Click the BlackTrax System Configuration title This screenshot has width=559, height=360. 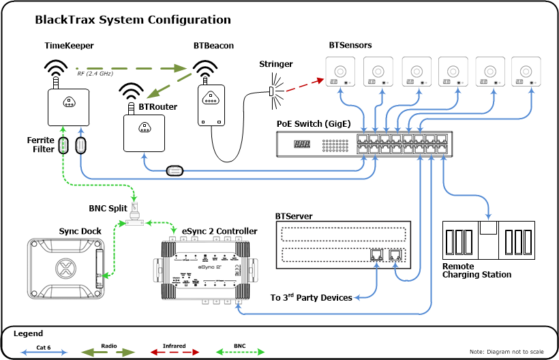pyautogui.click(x=132, y=20)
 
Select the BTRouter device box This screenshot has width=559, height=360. pyautogui.click(x=145, y=132)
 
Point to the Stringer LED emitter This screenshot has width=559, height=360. pyautogui.click(x=271, y=91)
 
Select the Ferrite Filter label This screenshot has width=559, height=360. pyautogui.click(x=40, y=145)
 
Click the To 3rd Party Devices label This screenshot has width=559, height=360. pyautogui.click(x=311, y=298)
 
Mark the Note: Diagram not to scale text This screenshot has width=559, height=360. pyautogui.click(x=507, y=351)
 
